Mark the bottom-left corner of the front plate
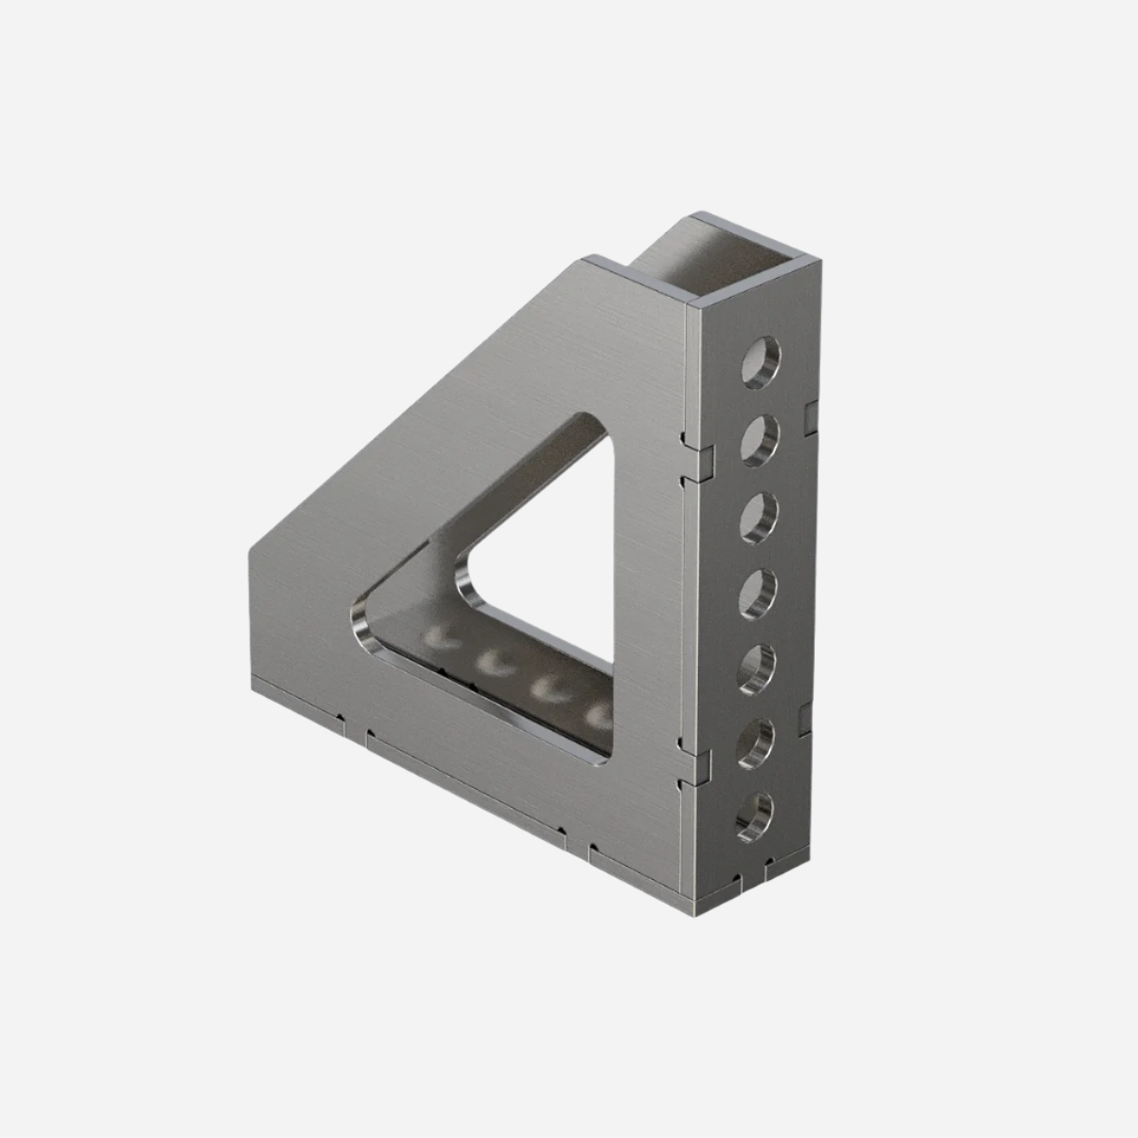tap(252, 685)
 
